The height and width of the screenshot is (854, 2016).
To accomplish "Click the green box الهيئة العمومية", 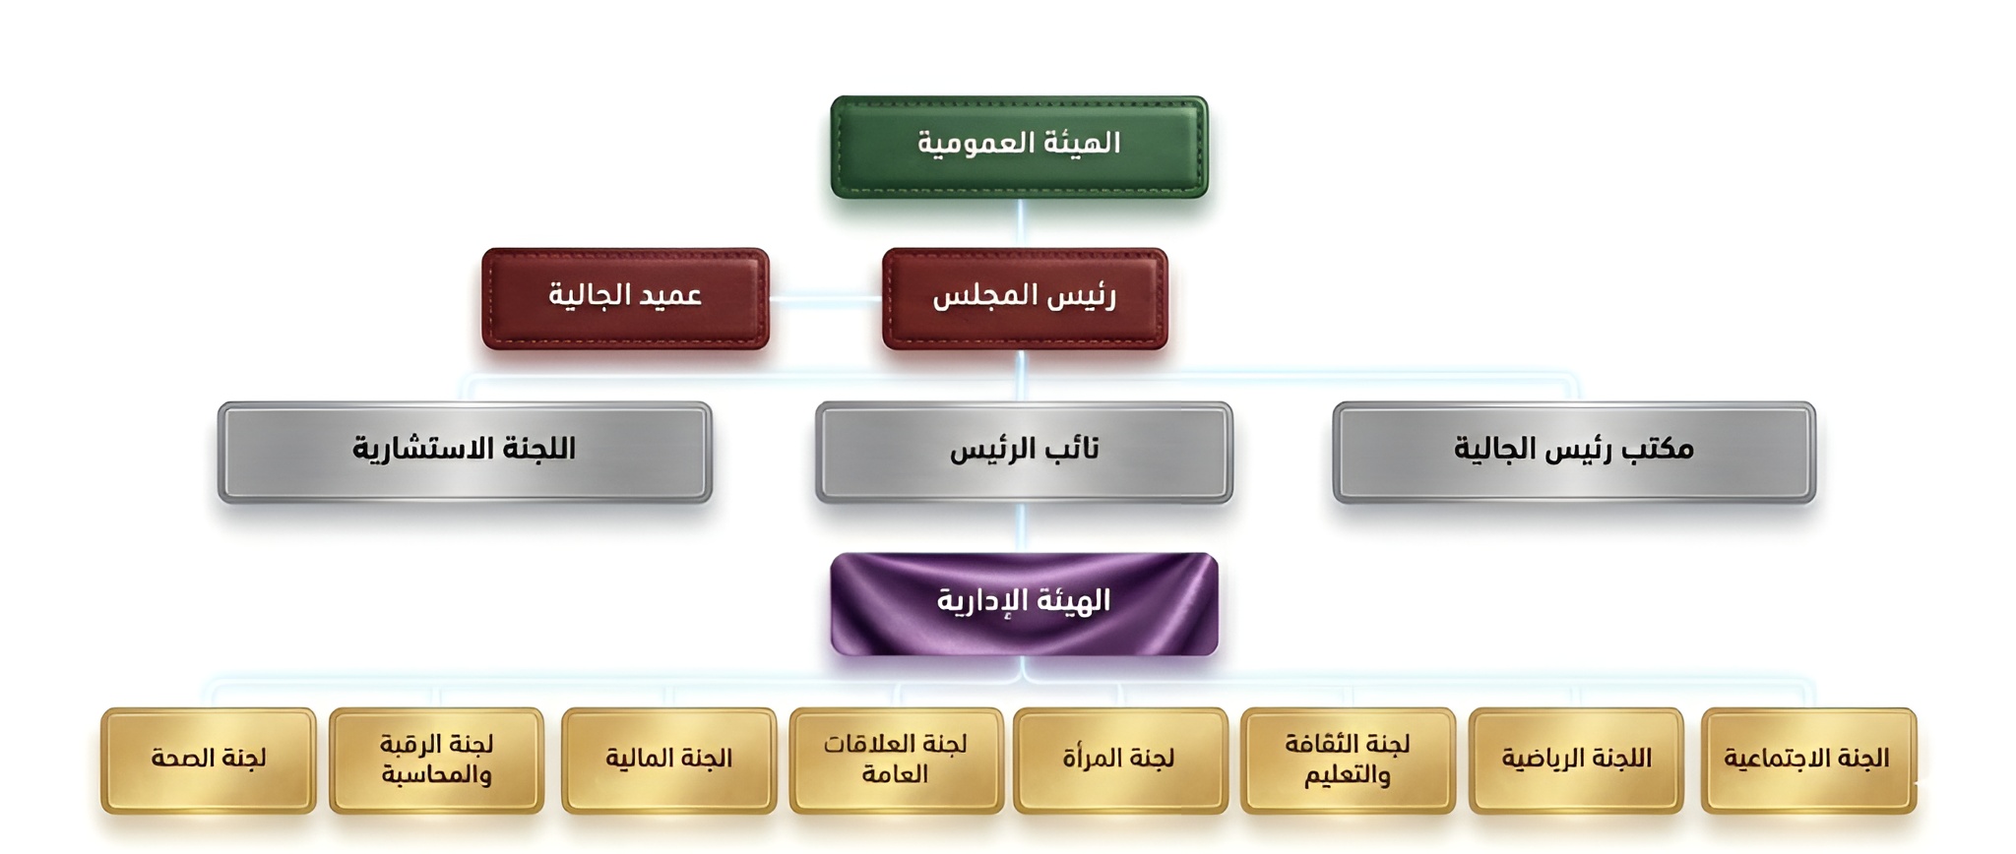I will click(1019, 147).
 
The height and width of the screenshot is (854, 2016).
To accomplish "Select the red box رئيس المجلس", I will click(1025, 298).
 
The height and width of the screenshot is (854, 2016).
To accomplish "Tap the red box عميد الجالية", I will click(625, 298).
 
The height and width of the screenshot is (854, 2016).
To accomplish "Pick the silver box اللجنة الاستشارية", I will click(465, 452).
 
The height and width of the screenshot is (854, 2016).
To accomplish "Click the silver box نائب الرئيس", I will click(1024, 452).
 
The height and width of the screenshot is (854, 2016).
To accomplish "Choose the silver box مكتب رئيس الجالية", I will click(1573, 452).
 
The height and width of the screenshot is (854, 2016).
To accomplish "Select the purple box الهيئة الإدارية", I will click(1024, 603).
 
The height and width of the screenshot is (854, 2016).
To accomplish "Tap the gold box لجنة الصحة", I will click(209, 760).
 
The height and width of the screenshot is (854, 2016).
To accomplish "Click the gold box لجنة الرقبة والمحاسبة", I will click(436, 760).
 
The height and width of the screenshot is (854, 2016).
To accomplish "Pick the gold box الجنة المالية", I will click(668, 760).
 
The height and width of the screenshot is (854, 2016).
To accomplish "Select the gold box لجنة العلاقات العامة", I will click(896, 760).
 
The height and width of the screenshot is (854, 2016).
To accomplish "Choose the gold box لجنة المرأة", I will click(1120, 760).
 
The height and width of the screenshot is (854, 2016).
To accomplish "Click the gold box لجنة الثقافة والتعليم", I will click(1348, 760).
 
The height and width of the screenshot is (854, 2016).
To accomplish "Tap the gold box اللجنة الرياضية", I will click(1575, 760).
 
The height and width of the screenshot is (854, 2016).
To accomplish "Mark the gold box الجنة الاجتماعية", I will click(1807, 760).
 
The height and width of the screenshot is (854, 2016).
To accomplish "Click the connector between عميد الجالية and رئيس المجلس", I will click(825, 299).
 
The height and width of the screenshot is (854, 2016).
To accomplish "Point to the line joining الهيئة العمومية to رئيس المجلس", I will click(1021, 222).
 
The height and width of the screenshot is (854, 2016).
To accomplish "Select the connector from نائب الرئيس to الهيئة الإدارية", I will click(1022, 527).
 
